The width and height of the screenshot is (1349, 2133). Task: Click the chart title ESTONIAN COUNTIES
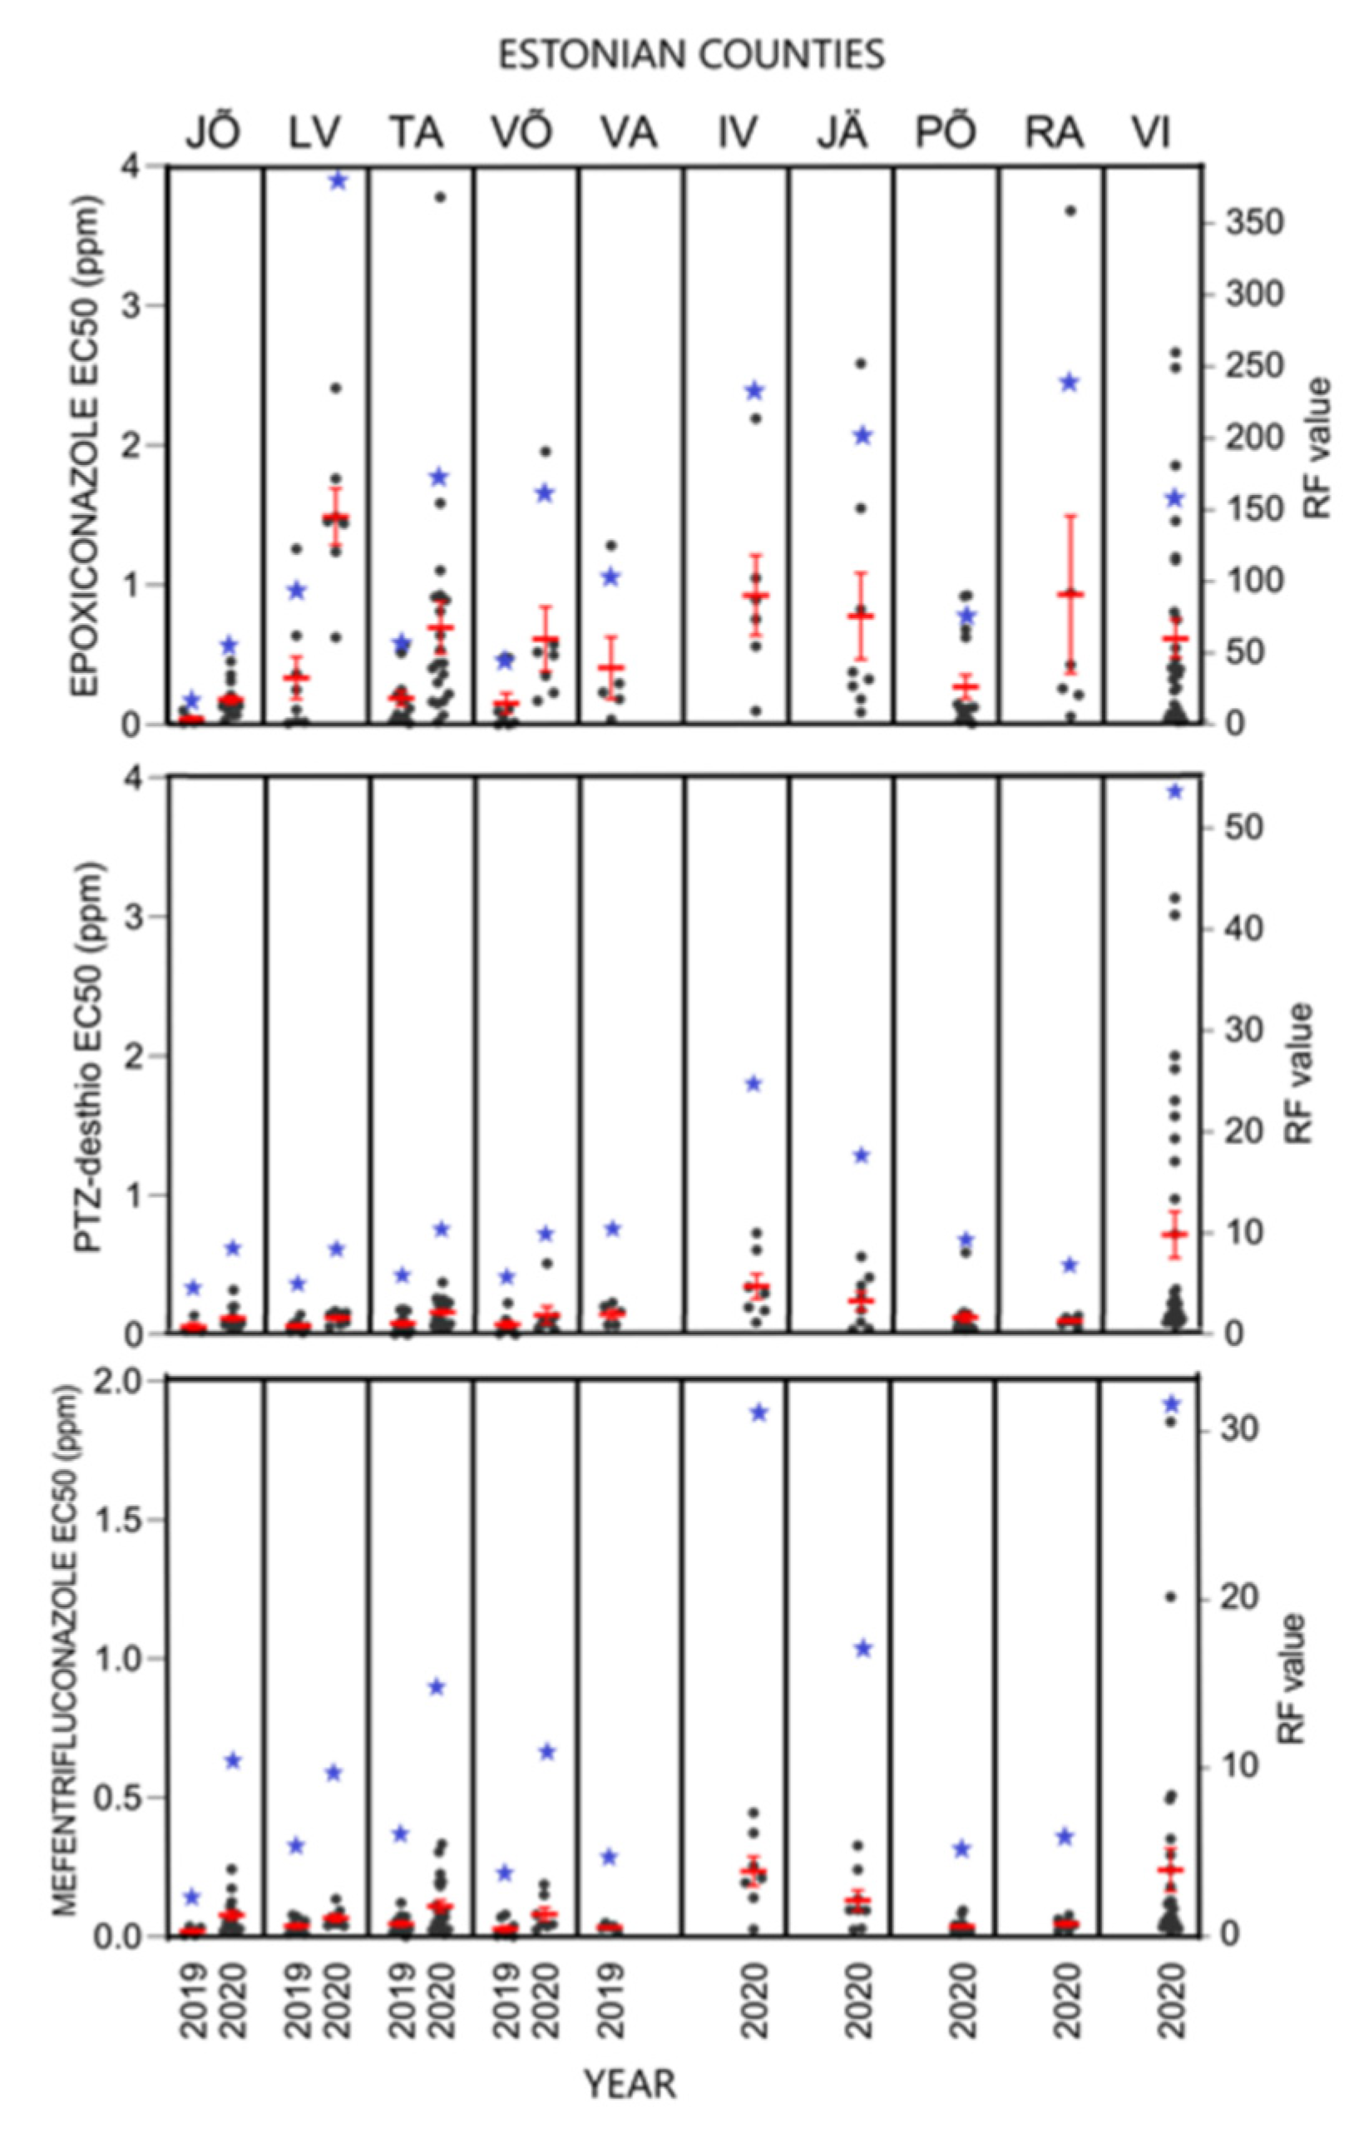[x=691, y=55]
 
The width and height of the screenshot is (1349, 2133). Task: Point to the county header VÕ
[x=522, y=131]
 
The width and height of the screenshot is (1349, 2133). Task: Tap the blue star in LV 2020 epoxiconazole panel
[x=338, y=181]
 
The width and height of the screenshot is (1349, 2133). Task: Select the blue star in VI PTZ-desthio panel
[x=1174, y=791]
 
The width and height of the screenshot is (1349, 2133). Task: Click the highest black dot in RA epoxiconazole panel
[x=1070, y=210]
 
